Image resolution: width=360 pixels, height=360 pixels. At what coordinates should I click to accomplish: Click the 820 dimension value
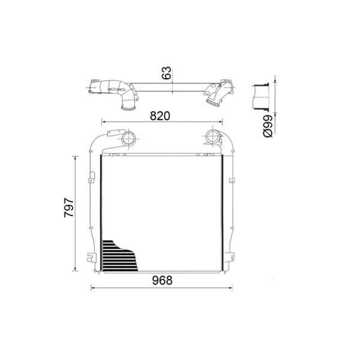pyautogui.click(x=160, y=116)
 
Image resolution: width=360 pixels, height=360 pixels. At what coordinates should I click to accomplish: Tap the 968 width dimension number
pyautogui.click(x=163, y=280)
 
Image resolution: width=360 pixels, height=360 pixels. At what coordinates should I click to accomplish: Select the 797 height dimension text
pyautogui.click(x=69, y=208)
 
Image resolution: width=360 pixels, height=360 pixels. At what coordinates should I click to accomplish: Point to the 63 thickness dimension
pyautogui.click(x=167, y=73)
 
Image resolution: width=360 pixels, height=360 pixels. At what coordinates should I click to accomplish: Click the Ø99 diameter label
pyautogui.click(x=268, y=126)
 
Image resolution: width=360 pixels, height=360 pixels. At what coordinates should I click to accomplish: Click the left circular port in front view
pyautogui.click(x=128, y=139)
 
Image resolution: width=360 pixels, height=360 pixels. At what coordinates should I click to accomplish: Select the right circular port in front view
pyautogui.click(x=212, y=137)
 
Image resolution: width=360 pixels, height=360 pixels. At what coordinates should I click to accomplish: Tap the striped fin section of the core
pyautogui.click(x=119, y=256)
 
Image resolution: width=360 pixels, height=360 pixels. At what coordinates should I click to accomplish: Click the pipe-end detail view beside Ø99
pyautogui.click(x=261, y=97)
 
